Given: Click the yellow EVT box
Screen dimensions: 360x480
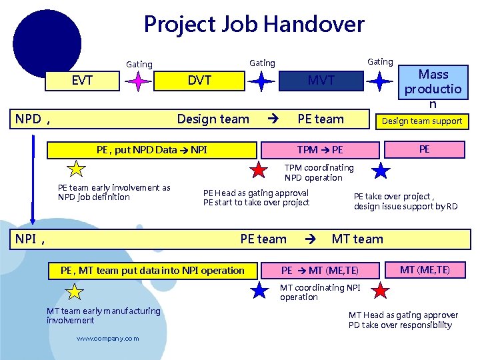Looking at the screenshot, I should click(82, 81).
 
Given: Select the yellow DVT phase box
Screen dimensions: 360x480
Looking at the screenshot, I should click(199, 81).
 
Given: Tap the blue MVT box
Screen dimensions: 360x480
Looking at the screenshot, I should click(321, 81).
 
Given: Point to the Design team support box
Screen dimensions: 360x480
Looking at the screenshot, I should click(421, 121).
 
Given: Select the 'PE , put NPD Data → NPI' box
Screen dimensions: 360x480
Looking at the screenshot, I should click(151, 150).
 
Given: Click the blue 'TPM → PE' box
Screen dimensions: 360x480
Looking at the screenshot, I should click(320, 150).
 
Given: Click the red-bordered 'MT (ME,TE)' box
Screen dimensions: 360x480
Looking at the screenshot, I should click(425, 269).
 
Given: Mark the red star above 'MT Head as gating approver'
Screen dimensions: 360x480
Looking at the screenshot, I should click(380, 291).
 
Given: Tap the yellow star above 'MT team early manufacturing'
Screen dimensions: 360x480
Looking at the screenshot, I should click(75, 291).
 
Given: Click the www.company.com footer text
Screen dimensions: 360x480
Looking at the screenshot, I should click(108, 339).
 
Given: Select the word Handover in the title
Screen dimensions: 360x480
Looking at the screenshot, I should click(313, 25).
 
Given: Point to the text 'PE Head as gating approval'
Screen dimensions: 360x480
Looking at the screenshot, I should click(256, 193).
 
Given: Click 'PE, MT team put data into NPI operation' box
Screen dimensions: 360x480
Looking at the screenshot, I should click(152, 270).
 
